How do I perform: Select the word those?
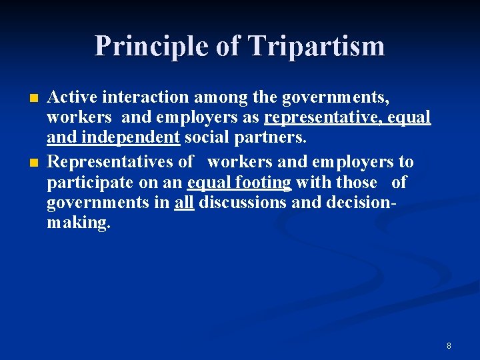pyautogui.click(x=357, y=183)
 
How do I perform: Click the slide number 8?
pyautogui.click(x=449, y=345)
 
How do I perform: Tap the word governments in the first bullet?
pyautogui.click(x=335, y=97)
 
